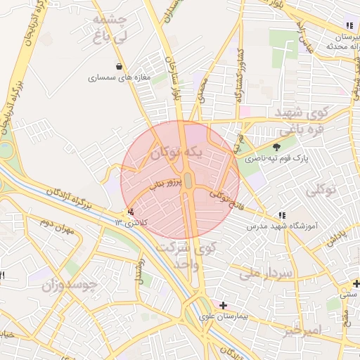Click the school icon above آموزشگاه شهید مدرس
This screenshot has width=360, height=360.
[x=282, y=216]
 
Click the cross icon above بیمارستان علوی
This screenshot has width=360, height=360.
[x=223, y=305]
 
